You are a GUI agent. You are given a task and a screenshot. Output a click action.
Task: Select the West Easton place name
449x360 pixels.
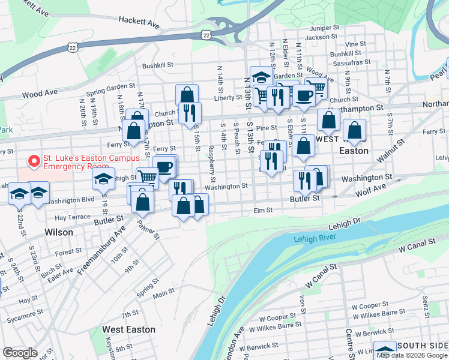(x=128, y=329)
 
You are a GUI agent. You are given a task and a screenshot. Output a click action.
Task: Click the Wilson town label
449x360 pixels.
(x=59, y=232)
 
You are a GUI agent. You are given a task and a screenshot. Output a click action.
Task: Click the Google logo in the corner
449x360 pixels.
(x=20, y=353)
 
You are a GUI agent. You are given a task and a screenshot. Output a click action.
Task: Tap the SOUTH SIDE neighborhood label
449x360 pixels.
(x=422, y=346)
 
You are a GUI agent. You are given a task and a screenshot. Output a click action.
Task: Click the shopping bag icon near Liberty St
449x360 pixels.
(x=187, y=94)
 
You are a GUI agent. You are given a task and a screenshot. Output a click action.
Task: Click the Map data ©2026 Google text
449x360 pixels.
(x=412, y=355)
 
